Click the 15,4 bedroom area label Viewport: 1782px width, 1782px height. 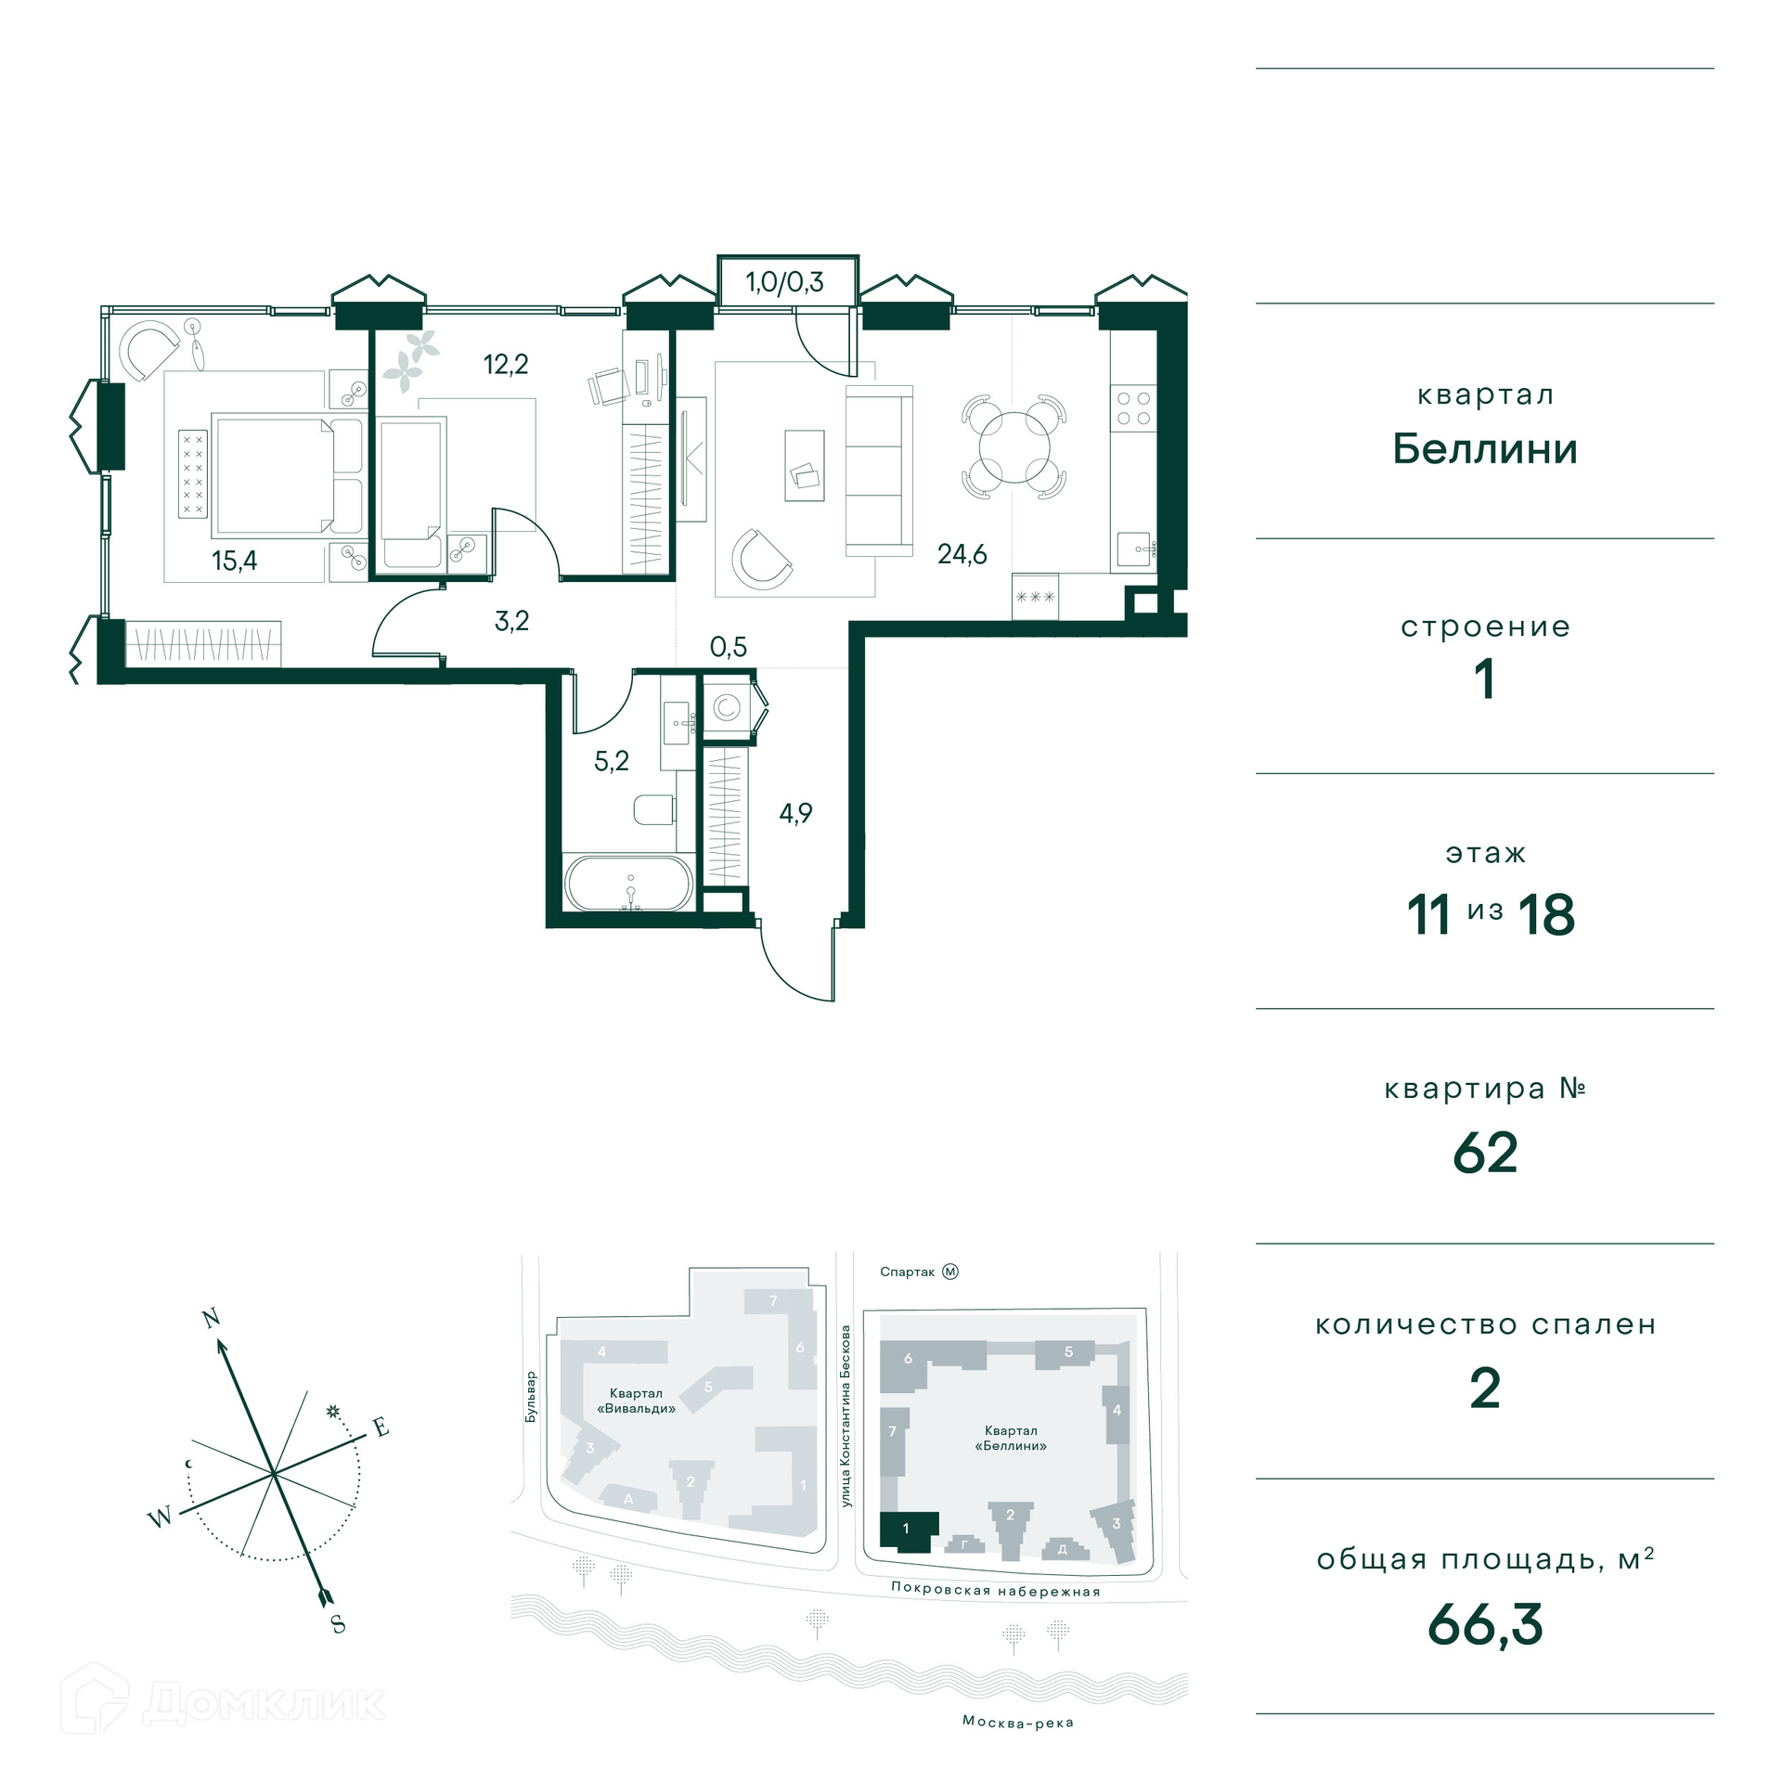(x=235, y=561)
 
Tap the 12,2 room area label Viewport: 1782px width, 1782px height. (x=506, y=364)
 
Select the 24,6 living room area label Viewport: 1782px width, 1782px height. (x=962, y=554)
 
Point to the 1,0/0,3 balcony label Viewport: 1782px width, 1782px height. (x=785, y=282)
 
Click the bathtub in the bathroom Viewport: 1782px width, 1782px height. (x=630, y=884)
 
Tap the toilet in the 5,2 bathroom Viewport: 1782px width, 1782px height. (x=654, y=809)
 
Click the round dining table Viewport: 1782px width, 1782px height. (x=1014, y=447)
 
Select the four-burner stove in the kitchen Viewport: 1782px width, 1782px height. (x=1133, y=408)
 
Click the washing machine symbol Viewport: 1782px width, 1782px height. (x=727, y=708)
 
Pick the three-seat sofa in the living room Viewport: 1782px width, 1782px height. (x=878, y=471)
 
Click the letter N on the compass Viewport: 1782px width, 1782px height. (x=212, y=1318)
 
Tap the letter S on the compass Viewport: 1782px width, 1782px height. (x=338, y=1624)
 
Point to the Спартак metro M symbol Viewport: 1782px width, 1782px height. (x=950, y=1272)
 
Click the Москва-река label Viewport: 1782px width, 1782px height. (x=1018, y=1723)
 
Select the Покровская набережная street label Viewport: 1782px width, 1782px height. (x=996, y=1590)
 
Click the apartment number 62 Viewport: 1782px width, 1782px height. (x=1485, y=1153)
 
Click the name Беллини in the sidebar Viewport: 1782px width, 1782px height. (x=1485, y=449)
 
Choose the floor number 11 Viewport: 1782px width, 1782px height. (x=1428, y=915)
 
